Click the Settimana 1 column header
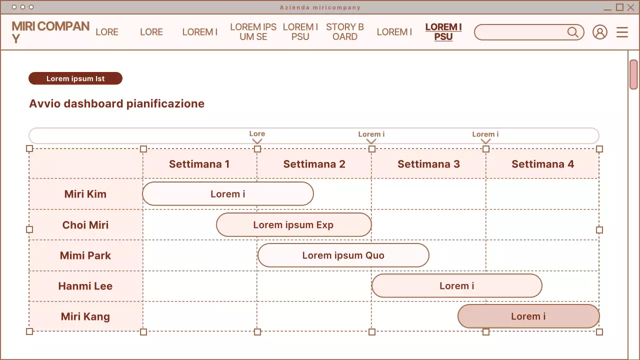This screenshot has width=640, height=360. click(x=199, y=164)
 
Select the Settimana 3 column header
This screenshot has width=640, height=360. click(x=428, y=164)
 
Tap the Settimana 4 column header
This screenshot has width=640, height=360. click(x=542, y=164)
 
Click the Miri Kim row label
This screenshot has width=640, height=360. click(x=85, y=194)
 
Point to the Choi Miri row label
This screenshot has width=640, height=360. click(x=85, y=225)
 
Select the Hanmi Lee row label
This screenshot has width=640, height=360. click(x=85, y=286)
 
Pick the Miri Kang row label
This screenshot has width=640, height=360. click(x=85, y=316)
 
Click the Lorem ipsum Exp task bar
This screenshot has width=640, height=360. click(x=293, y=225)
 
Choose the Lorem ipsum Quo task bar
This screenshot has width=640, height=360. click(x=343, y=255)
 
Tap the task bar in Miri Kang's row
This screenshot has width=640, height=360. click(x=528, y=316)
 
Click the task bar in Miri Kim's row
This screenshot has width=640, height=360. click(x=227, y=194)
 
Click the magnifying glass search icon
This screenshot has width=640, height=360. click(x=573, y=32)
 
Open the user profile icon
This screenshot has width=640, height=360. click(x=599, y=32)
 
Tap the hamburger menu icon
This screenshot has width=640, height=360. click(x=622, y=32)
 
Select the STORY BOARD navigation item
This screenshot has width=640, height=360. click(x=345, y=32)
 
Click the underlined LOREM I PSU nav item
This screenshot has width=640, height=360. click(x=443, y=32)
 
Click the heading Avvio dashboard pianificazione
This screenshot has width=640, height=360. click(x=117, y=104)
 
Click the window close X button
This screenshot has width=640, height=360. click(x=630, y=7)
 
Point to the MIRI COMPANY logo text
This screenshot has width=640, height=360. click(x=50, y=32)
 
